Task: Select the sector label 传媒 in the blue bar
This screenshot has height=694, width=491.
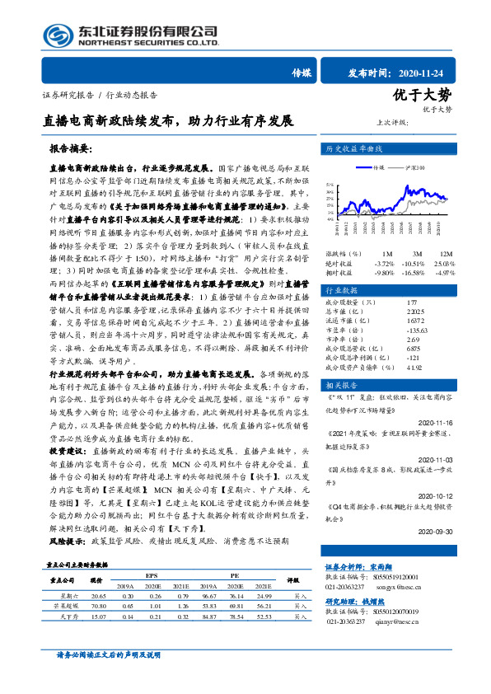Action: tap(302, 72)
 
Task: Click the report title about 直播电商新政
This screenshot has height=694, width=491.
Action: tap(168, 120)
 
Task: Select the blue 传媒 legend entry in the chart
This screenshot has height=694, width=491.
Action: tap(380, 167)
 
